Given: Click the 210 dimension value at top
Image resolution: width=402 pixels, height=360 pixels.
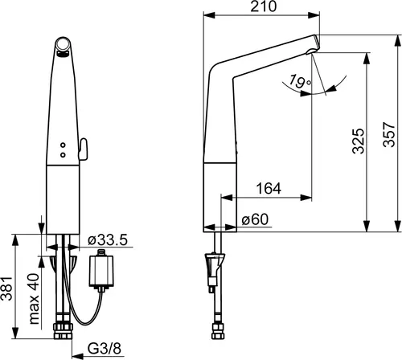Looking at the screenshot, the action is pyautogui.click(x=263, y=6).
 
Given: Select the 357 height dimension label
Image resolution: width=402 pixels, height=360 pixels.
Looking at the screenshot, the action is pyautogui.click(x=389, y=134).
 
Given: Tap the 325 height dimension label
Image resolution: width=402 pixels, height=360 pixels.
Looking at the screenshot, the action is pyautogui.click(x=359, y=141).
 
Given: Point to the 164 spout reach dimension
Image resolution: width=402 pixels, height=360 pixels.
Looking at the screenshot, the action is pyautogui.click(x=269, y=188).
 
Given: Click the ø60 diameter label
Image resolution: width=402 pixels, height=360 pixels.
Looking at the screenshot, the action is pyautogui.click(x=255, y=219).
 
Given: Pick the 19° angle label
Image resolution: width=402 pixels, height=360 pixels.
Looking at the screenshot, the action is pyautogui.click(x=300, y=82).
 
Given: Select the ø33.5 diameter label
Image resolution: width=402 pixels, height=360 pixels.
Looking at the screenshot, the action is pyautogui.click(x=108, y=240).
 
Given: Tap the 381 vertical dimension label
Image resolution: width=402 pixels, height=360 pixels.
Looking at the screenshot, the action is pyautogui.click(x=6, y=288).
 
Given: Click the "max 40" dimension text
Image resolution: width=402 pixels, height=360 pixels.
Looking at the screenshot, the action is pyautogui.click(x=34, y=299).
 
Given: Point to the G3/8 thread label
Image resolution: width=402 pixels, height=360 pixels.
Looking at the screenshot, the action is pyautogui.click(x=105, y=349).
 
